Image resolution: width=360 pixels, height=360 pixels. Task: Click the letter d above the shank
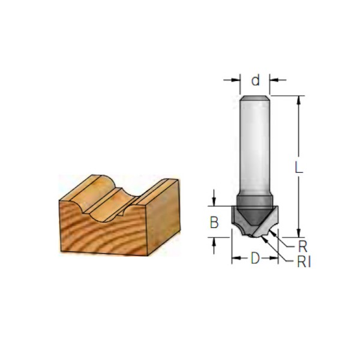point(256,80)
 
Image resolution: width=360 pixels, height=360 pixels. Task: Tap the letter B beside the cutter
point(214,222)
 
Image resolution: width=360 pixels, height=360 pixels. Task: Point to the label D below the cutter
point(255,258)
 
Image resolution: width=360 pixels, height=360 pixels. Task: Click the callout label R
point(302,247)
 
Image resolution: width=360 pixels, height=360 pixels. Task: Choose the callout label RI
point(304,262)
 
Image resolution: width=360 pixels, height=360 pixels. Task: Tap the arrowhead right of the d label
point(274,80)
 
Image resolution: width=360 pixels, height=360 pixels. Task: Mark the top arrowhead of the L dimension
point(298,100)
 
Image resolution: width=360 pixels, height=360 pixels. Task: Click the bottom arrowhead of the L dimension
point(298,233)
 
